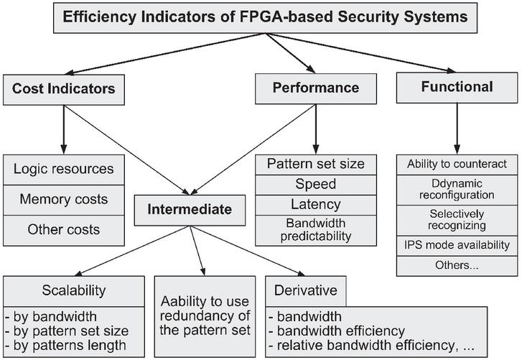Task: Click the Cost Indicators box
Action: coord(64,90)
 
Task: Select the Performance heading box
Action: coord(316,88)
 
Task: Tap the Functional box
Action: coord(457,88)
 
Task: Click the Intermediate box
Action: coord(190,210)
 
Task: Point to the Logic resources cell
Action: coord(64,170)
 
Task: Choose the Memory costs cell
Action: coord(64,200)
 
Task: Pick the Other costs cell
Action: coord(64,231)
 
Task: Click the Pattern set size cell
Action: coord(316,165)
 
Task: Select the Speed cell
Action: coord(316,185)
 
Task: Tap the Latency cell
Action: coord(316,205)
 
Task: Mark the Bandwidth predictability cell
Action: coord(316,231)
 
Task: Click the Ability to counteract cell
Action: coord(457,165)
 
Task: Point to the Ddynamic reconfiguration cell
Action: coord(457,190)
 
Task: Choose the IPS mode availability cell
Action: coord(457,246)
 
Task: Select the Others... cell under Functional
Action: coord(457,266)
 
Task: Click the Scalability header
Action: coord(74,291)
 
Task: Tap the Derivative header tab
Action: coord(306,291)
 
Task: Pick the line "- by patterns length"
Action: coord(65,346)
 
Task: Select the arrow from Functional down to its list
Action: coord(457,129)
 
